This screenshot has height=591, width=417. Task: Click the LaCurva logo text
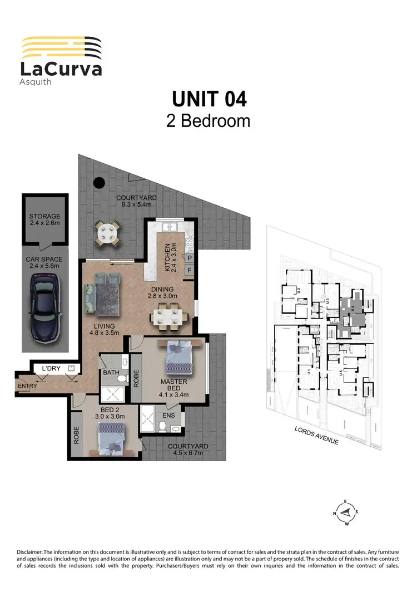(61, 69)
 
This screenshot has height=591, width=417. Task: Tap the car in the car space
(44, 311)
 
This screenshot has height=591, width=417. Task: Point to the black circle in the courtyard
(98, 182)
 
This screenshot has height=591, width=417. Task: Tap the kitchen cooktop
(189, 242)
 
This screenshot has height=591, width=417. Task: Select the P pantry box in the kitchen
(189, 258)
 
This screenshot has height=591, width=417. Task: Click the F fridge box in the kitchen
(189, 271)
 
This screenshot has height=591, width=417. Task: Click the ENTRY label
(27, 385)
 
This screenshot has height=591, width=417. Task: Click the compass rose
(346, 512)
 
